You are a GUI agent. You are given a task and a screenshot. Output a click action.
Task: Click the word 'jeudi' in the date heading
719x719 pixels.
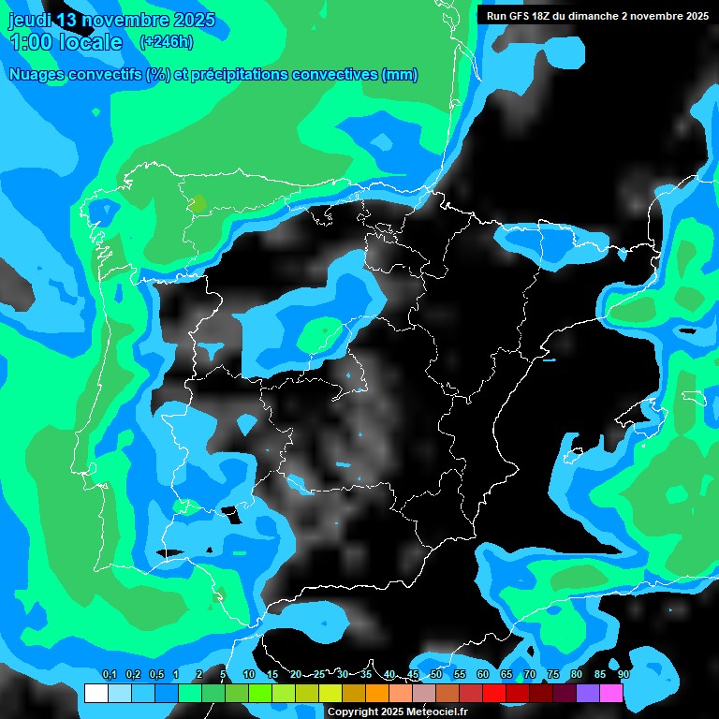[29, 20]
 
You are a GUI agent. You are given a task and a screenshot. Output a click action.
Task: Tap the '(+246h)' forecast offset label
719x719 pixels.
[167, 41]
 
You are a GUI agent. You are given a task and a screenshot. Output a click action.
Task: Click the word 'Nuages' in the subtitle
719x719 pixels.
[37, 75]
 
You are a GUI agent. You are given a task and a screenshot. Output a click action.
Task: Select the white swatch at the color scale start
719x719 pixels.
[95, 693]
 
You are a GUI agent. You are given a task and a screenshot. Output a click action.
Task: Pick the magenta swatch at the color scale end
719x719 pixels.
[611, 693]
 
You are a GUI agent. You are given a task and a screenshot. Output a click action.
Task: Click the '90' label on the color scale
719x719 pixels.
[624, 674]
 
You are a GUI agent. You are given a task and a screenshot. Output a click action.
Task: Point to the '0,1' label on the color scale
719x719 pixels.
[109, 674]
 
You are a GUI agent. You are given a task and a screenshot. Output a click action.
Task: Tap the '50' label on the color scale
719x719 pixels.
[436, 674]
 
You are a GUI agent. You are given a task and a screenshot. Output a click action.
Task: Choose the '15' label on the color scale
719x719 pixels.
[272, 674]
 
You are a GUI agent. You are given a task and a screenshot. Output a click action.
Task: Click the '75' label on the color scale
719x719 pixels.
[553, 674]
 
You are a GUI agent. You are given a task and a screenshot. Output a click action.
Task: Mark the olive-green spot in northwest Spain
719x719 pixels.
[198, 202]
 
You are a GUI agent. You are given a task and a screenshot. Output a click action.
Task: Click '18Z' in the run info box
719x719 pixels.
[547, 16]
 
